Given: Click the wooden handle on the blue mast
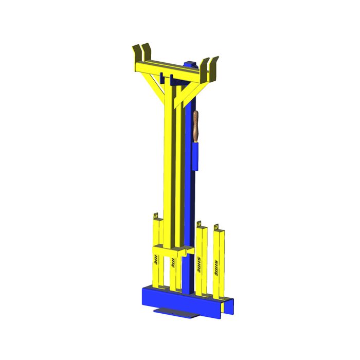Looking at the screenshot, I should pos(196,125).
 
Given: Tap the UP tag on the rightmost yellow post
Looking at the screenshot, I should pos(216,226).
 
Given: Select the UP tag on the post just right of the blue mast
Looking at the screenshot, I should pos(199,224).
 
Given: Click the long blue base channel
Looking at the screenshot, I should pos(180,301).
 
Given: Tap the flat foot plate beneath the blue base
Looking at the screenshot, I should pos(175,312).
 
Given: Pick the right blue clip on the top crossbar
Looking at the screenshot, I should pos(171,79).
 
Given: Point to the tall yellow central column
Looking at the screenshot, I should pos(168,154).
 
